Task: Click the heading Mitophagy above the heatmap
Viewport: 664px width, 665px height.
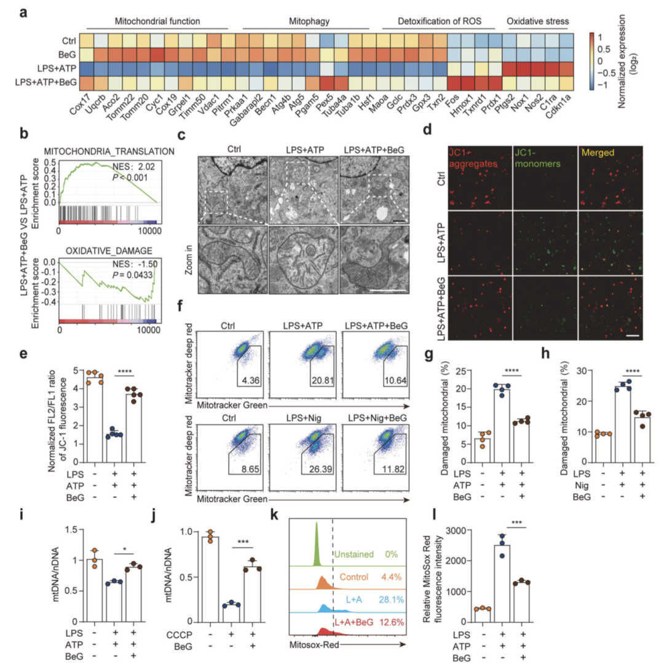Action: point(306,21)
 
